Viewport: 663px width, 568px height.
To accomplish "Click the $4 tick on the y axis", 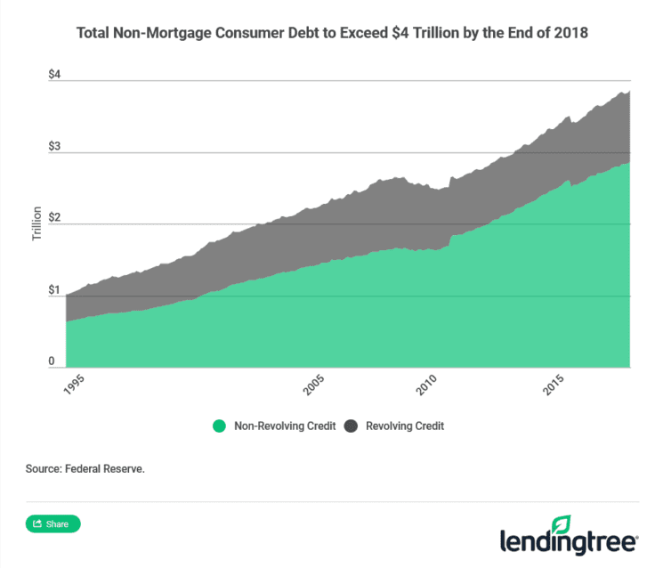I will click(x=54, y=75).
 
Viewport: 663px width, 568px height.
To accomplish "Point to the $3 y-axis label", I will click(x=54, y=146).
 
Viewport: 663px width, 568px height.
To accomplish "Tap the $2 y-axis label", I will click(x=54, y=218).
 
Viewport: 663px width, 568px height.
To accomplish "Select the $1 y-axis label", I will click(x=54, y=290).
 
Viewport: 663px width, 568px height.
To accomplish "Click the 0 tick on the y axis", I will click(x=52, y=361).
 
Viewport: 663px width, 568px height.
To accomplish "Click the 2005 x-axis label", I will click(x=313, y=385).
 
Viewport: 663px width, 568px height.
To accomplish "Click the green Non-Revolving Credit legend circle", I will click(x=219, y=426).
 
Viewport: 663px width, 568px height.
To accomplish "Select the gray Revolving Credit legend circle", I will click(x=351, y=426).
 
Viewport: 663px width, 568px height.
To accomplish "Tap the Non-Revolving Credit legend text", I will click(x=284, y=426).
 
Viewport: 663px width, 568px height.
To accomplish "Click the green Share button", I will click(x=53, y=523).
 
